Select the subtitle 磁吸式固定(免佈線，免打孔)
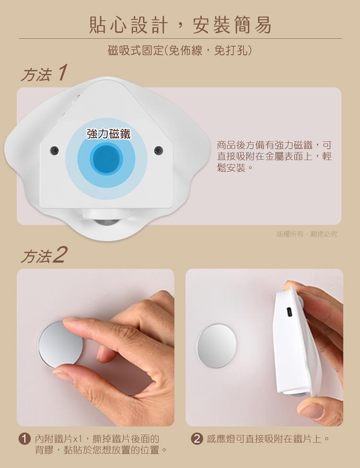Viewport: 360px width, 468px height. tap(180, 50)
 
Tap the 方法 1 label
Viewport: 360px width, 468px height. tap(43, 73)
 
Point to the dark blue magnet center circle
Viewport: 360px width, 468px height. tap(107, 158)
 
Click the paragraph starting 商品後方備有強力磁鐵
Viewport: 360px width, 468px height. tap(274, 156)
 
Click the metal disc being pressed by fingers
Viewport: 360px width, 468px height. tap(58, 343)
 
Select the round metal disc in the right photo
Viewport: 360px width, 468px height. tap(216, 346)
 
